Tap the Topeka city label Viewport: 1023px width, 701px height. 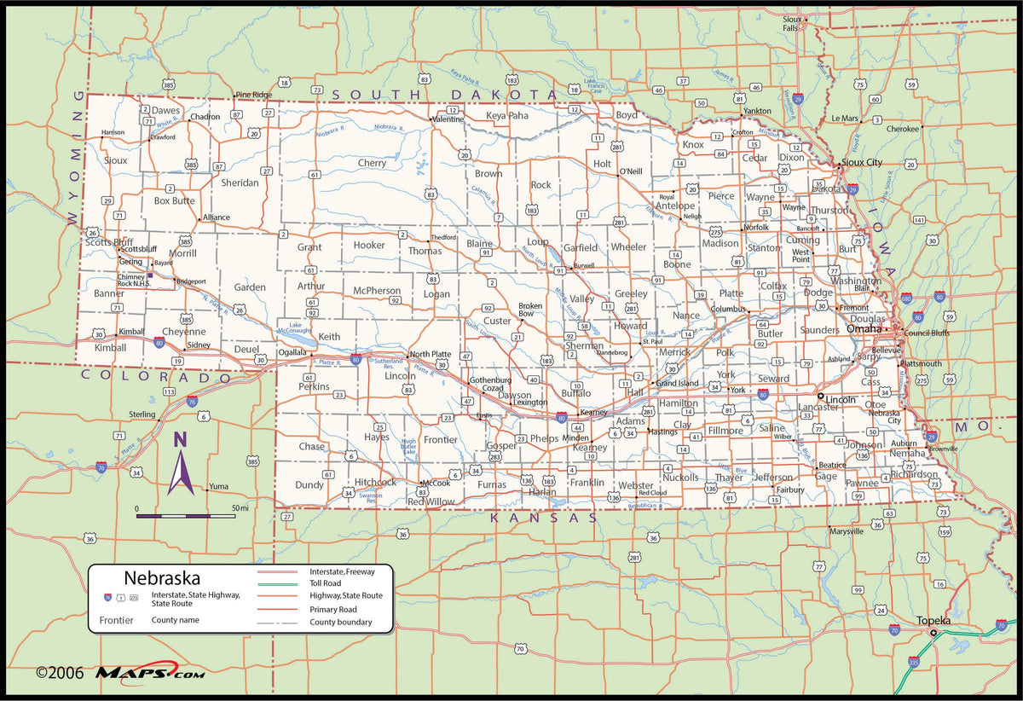point(933,621)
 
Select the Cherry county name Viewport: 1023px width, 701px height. point(372,163)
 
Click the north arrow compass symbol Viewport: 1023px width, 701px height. point(180,465)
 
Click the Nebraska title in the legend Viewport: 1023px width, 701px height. point(162,578)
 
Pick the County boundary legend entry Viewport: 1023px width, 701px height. point(340,623)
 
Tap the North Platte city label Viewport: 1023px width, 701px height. point(430,354)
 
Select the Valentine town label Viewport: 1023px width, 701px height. point(448,119)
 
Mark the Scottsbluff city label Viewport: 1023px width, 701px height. point(138,249)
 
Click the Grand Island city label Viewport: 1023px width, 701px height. point(677,383)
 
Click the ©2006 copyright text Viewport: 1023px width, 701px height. point(60,673)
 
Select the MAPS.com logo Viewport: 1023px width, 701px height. point(149,673)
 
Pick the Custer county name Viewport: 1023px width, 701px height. point(497,322)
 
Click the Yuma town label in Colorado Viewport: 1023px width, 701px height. point(218,487)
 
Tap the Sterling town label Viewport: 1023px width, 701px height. point(142,414)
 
